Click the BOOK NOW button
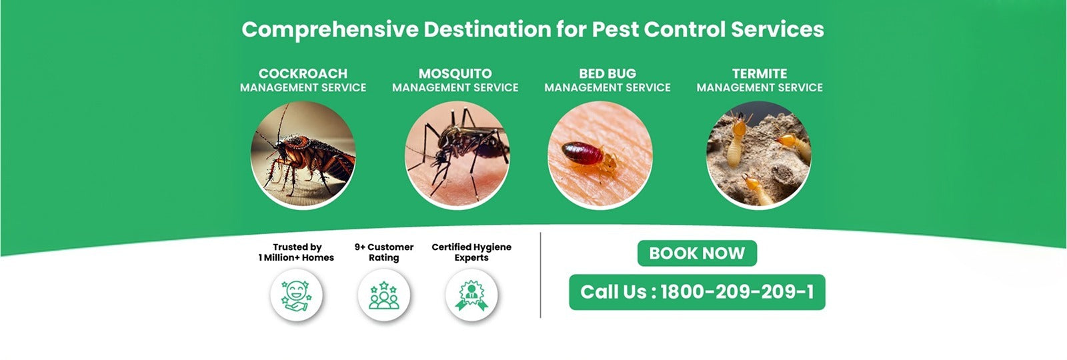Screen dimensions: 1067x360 point(697,253)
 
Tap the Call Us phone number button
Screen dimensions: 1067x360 point(697,292)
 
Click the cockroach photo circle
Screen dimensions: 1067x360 point(303,155)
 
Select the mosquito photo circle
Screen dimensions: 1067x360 point(457,155)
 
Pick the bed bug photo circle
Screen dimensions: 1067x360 point(600,155)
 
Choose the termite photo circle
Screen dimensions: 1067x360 point(759,155)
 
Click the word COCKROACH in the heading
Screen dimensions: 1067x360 point(303,73)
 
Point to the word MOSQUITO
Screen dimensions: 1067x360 point(455,73)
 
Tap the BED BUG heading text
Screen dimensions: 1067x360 point(608,73)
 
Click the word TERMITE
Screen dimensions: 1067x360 point(760,73)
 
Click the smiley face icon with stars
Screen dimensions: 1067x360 point(296,295)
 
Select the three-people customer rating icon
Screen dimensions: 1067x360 point(384,295)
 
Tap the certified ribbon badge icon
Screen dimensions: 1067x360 point(471,295)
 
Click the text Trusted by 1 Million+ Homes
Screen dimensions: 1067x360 point(296,253)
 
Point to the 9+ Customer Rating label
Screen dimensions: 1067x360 point(384,253)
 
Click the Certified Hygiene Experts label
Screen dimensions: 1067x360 point(471,253)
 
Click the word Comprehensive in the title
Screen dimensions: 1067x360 point(329,29)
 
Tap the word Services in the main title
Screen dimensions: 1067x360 point(778,29)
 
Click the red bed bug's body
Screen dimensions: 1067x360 point(582,153)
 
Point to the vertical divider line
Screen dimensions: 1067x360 point(541,275)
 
